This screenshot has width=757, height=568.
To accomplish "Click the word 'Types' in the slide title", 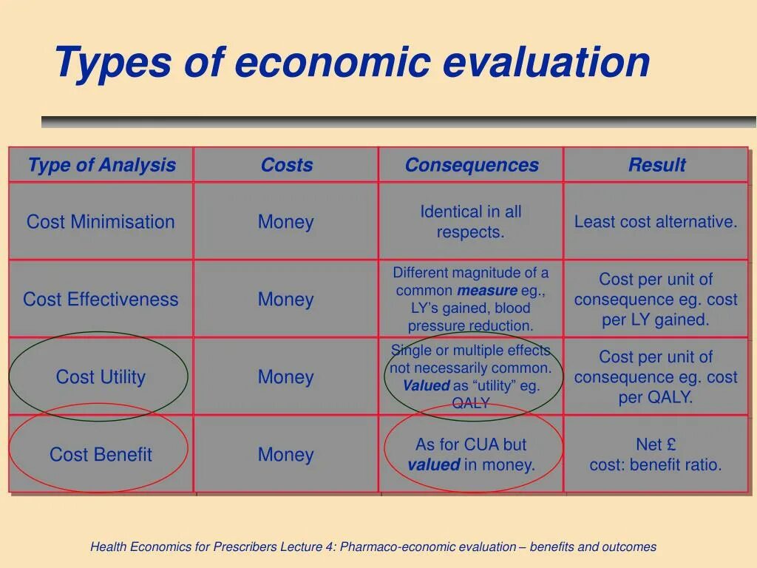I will (110, 62).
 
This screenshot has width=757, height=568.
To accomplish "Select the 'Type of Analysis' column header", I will (101, 165).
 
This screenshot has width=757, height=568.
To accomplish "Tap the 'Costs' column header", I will (286, 165).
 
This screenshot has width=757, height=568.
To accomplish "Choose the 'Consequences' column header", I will (471, 165).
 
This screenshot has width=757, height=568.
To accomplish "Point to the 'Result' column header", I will (656, 165).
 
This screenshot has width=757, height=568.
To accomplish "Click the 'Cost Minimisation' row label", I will (101, 222).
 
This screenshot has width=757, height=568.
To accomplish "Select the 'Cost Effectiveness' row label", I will (101, 300).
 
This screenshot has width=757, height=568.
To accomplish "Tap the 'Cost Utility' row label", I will (101, 377).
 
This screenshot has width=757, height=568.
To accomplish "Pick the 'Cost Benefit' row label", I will (101, 455).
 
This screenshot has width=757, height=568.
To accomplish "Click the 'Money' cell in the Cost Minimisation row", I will (285, 222).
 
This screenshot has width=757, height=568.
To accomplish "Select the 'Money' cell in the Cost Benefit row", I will (285, 455).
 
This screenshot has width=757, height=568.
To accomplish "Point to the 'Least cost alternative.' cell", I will (656, 222).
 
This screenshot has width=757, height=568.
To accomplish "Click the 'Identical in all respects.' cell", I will (471, 222).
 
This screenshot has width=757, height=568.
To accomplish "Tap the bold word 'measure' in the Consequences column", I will (486, 291).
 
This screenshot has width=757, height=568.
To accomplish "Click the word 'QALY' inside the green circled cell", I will (471, 403).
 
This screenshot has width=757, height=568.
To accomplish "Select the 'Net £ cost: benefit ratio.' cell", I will (656, 455).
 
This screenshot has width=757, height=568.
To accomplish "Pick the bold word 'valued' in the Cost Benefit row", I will (433, 465).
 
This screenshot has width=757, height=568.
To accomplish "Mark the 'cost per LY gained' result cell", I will (656, 300).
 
